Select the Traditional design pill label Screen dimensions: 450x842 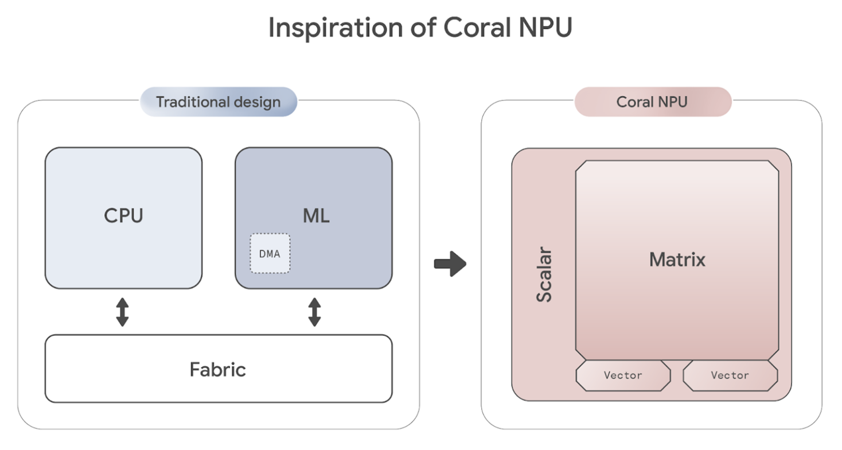click(x=219, y=102)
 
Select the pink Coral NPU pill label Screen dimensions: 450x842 click(x=652, y=102)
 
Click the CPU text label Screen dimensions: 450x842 click(x=123, y=216)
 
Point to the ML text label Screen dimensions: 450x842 click(x=316, y=216)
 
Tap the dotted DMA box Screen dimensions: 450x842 click(x=270, y=253)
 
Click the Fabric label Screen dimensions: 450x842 click(x=218, y=369)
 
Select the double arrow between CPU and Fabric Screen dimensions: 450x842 click(x=122, y=312)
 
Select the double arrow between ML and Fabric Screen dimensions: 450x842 click(x=314, y=312)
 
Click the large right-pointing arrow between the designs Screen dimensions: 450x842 click(x=450, y=264)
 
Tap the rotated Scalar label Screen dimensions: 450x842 click(x=544, y=275)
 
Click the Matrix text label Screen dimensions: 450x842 click(x=677, y=260)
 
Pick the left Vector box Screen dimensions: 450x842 click(x=623, y=375)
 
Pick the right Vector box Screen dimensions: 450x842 click(x=730, y=375)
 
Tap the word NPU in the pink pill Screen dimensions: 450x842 click(x=672, y=102)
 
